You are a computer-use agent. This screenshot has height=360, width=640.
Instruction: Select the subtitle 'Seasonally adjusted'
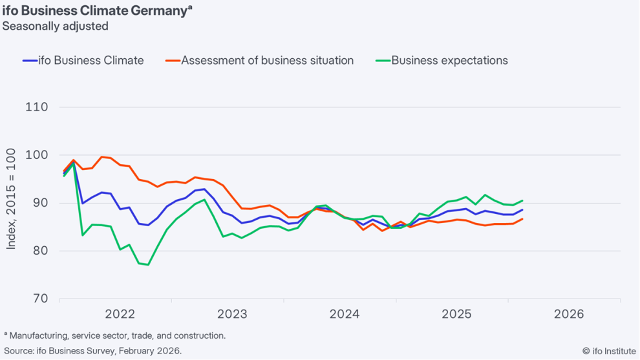tap(55, 26)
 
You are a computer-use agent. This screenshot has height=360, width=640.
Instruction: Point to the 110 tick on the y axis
tap(37, 107)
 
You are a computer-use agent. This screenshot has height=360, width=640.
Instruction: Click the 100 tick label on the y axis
tap(37, 155)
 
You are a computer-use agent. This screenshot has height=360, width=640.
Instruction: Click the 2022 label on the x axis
tap(120, 315)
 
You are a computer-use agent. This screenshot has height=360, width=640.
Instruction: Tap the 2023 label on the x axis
tap(232, 315)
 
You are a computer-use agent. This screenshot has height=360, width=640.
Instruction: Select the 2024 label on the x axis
tap(345, 315)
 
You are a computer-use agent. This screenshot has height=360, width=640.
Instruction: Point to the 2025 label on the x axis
tap(456, 315)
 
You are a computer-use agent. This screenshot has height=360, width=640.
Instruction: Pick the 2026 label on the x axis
tap(569, 315)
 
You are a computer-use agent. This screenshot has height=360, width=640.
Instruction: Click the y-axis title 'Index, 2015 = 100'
tap(12, 203)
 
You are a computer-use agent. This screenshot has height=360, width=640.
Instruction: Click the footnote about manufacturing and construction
tap(115, 336)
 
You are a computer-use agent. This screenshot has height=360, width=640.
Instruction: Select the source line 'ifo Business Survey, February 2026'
tap(93, 351)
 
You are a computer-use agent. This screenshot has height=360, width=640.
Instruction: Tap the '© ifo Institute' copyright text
tap(608, 351)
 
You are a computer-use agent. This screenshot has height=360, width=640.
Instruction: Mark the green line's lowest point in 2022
tap(148, 264)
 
